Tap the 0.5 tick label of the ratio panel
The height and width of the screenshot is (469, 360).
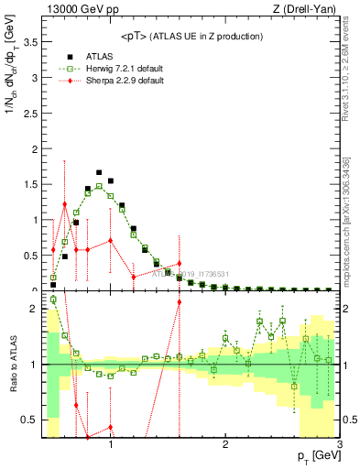coord(30,420)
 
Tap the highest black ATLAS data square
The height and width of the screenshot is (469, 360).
coord(99,171)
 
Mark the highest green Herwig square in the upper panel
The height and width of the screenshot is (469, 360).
coord(99,186)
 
